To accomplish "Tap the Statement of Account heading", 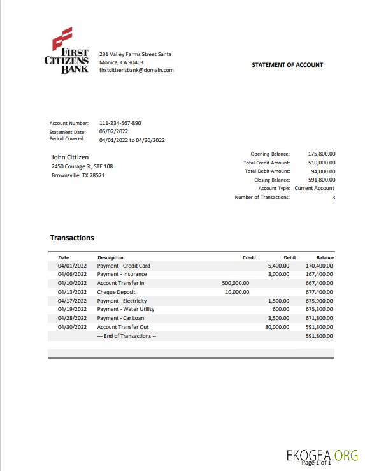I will point(287,65).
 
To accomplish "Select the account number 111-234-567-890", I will point(120,123).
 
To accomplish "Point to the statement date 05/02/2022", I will point(114,131).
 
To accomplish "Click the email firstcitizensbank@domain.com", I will point(137,71).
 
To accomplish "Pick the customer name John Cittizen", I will point(70,157).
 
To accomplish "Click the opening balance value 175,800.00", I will point(322,154).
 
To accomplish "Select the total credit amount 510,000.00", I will point(322,163).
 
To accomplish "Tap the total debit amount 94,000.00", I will point(323,171).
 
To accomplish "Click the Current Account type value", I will point(314,189).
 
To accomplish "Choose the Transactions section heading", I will point(72,238).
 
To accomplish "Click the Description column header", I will point(110,257).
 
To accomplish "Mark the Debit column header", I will point(289,257).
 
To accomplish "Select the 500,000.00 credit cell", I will point(235,283).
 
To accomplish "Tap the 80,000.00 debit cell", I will point(277,327).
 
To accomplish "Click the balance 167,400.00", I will point(320,275).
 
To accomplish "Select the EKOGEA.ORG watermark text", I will point(322,455).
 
